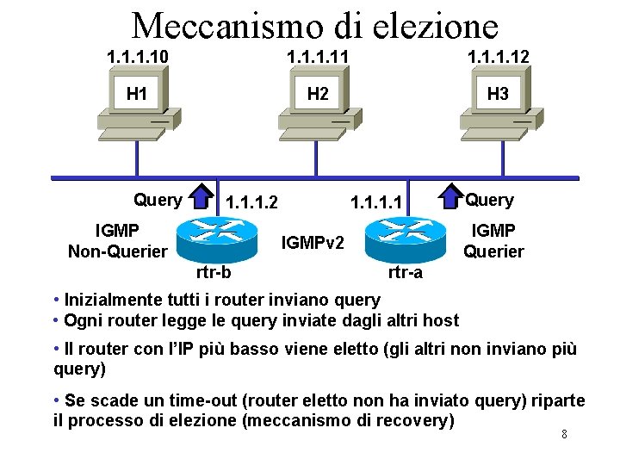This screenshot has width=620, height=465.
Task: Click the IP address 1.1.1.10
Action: [137, 57]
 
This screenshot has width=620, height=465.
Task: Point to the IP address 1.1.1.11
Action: [318, 57]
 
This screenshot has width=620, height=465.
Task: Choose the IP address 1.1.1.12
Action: [497, 57]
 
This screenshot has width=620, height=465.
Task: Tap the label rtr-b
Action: [213, 273]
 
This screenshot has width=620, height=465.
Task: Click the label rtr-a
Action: [405, 273]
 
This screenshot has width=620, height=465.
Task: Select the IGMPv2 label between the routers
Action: [313, 244]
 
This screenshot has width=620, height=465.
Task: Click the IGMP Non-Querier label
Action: [118, 240]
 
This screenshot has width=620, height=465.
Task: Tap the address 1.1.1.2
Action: [251, 203]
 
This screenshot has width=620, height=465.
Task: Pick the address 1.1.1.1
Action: [376, 203]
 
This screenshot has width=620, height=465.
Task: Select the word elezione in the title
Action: [437, 26]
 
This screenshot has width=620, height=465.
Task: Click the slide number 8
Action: [564, 434]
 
